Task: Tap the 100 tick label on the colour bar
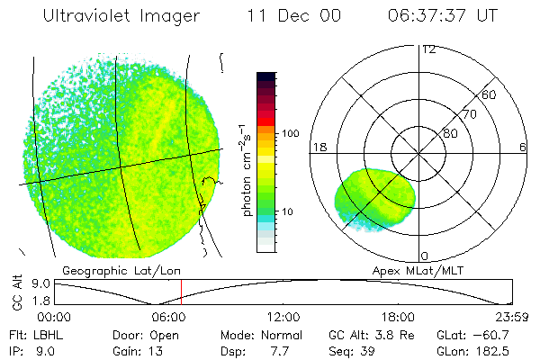pos(289,133)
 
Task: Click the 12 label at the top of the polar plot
pos(428,49)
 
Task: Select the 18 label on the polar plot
pos(318,147)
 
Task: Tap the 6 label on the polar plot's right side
pos(522,147)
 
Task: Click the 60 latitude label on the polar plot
pos(490,94)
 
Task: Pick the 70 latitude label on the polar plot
pos(470,114)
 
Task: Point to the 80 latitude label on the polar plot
pos(450,134)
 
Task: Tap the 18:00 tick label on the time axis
pos(399,318)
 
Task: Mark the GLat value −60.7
pos(493,333)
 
